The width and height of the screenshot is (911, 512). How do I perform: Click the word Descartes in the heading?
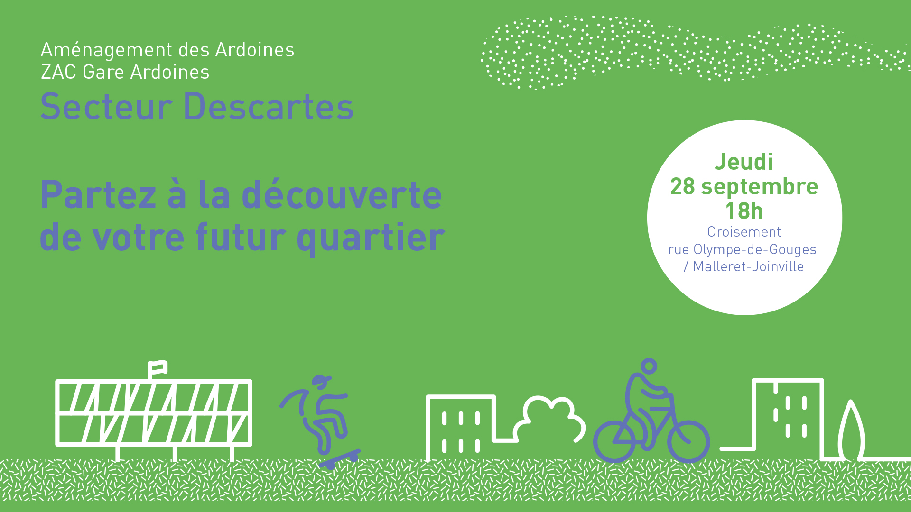(268, 107)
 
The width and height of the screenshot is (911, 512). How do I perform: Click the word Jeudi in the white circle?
(744, 162)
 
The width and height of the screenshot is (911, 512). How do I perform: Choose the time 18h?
(744, 211)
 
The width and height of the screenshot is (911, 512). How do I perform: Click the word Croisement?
(744, 232)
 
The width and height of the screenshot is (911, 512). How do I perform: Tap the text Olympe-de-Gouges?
(755, 250)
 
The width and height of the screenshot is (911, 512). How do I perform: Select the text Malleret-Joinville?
(748, 266)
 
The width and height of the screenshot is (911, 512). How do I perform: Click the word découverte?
(342, 195)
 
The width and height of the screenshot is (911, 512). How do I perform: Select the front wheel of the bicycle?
(688, 441)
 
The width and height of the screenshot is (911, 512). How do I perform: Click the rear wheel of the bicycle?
(614, 441)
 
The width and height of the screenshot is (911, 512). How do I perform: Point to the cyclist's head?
(649, 366)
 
